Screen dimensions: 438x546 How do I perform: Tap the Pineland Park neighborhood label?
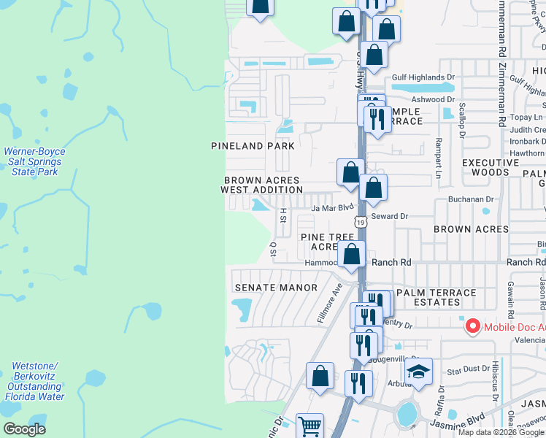[x=253, y=146]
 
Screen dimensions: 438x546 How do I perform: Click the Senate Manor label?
[x=275, y=288]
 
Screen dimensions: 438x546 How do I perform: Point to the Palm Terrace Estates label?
[x=434, y=298]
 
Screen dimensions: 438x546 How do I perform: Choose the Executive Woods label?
[x=490, y=167]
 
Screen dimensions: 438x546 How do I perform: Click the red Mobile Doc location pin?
[x=472, y=326]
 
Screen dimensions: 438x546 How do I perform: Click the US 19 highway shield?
[x=361, y=221]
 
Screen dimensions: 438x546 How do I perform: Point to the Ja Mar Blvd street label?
[x=332, y=208]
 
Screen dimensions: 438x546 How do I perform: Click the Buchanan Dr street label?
[x=470, y=199]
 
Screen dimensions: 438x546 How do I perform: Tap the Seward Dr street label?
[x=389, y=216]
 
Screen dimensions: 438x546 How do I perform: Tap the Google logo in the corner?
[x=24, y=429]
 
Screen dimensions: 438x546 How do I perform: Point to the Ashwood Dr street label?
[x=434, y=99]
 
